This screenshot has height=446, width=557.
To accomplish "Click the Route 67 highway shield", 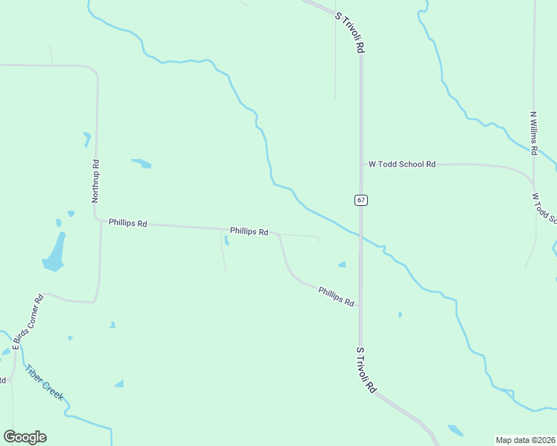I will click(x=360, y=200).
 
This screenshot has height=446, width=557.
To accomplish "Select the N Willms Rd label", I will click(x=534, y=133).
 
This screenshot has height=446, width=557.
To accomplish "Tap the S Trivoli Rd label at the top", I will click(x=349, y=31).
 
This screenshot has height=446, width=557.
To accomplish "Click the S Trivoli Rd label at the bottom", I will click(x=366, y=369).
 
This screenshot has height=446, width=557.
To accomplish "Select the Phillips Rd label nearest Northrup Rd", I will click(x=128, y=222).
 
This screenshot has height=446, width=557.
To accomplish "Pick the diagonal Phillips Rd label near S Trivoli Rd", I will click(x=336, y=295).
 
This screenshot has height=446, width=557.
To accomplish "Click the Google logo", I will click(x=25, y=437).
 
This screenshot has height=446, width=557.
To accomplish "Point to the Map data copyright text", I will click(x=525, y=440).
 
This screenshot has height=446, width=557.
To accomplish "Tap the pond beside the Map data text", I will click(x=455, y=430).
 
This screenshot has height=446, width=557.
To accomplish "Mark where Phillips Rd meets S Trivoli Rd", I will click(x=360, y=305).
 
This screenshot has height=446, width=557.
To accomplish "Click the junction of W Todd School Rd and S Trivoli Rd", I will click(x=361, y=164).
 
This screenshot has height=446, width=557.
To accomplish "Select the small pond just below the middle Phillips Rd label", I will click(x=226, y=240).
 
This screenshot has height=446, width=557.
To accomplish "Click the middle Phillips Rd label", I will click(x=249, y=231).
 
